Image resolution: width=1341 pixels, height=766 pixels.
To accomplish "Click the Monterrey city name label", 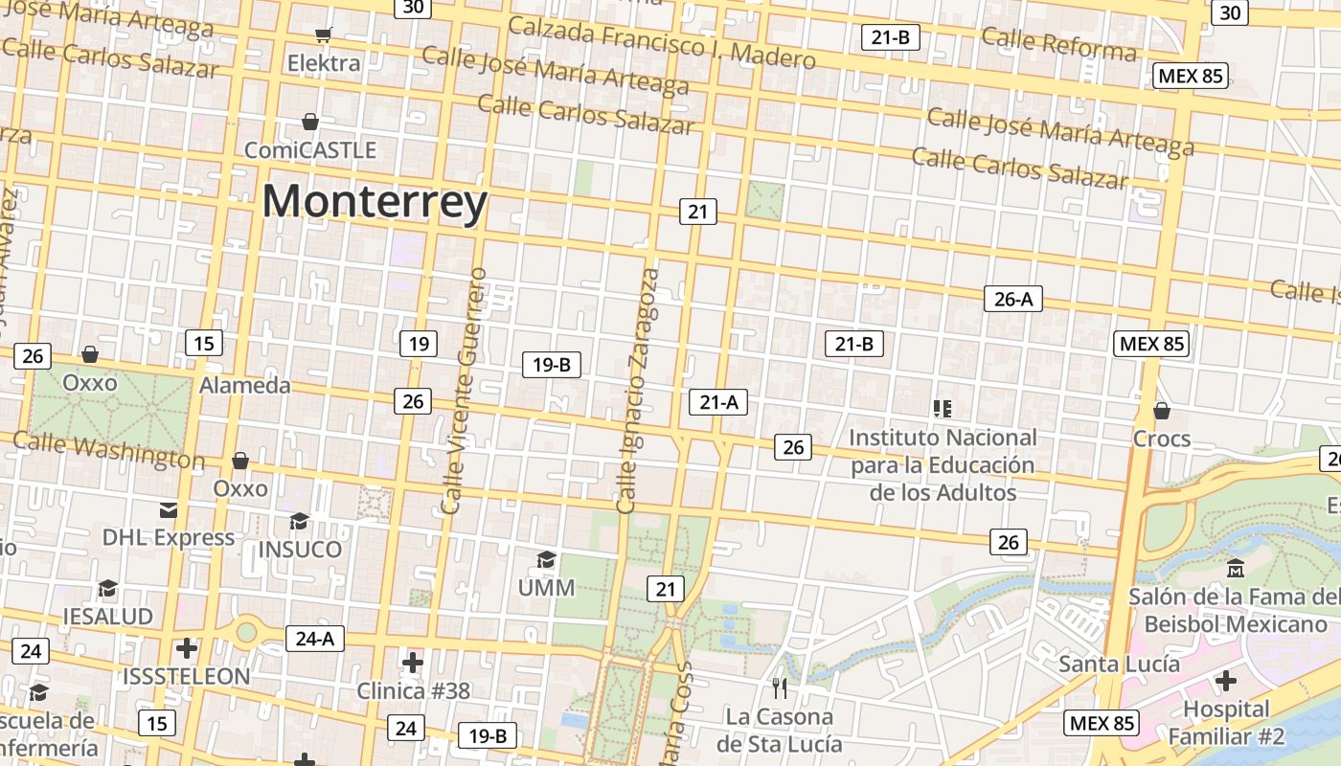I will click(375, 202).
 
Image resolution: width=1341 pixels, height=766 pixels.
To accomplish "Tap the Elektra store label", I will click(325, 63).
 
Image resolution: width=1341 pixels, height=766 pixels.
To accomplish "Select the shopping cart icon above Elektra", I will click(324, 35).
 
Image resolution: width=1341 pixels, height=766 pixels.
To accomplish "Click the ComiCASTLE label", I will click(310, 150).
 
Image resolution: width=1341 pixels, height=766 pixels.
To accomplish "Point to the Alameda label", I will click(244, 385).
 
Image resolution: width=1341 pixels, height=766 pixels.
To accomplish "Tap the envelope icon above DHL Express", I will click(169, 508).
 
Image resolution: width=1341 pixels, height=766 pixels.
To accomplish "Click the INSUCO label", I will click(300, 550).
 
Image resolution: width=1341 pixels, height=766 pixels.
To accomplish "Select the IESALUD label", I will click(107, 616).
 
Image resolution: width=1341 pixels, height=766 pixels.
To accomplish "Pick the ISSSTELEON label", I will click(186, 676).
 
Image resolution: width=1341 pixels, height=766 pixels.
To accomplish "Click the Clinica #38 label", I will click(413, 690).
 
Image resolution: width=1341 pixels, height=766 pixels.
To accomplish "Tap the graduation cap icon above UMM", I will click(546, 559).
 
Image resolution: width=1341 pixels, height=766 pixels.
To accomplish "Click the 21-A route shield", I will click(717, 402).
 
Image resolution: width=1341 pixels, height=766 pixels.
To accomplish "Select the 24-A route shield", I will click(314, 638).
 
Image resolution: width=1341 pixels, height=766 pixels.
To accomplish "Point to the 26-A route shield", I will click(1012, 299).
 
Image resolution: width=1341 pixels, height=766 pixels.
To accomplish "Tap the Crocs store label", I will click(1161, 439).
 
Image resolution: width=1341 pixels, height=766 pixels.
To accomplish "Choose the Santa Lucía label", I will click(1119, 664).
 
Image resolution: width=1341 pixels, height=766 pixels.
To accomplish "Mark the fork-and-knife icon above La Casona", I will click(780, 687).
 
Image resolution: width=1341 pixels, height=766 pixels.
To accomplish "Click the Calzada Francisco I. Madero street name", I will click(661, 43).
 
